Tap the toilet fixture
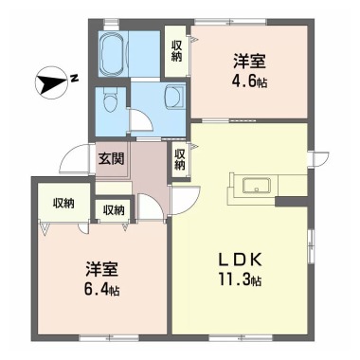(110, 100)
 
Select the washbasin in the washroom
(174, 98)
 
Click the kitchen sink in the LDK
(257, 186)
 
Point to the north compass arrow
(52, 81)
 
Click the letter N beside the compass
(75, 78)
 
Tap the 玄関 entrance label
(111, 159)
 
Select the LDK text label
(239, 261)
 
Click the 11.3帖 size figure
(240, 279)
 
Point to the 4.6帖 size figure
(249, 82)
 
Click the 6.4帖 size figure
(102, 289)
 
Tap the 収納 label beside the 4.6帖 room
(177, 50)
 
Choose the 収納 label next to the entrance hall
(180, 159)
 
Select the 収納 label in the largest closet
(63, 204)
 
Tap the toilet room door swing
(141, 120)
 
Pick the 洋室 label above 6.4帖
(101, 269)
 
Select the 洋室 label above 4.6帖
(249, 62)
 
